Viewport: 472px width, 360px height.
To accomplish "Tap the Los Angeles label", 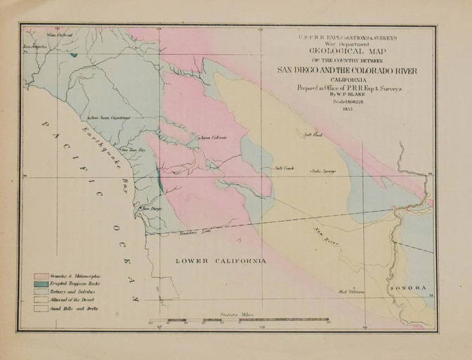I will (x=35, y=46).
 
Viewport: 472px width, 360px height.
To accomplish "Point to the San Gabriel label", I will (x=60, y=35).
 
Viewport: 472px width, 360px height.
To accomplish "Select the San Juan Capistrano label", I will (x=110, y=117).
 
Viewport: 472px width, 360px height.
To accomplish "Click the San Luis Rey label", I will (x=133, y=150).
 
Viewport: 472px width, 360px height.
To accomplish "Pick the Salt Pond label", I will (x=312, y=134).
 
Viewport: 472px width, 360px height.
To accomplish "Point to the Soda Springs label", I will (x=324, y=171).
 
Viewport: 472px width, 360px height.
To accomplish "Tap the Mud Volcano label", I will (x=353, y=291).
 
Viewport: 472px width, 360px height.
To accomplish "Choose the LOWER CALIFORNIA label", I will (x=221, y=261).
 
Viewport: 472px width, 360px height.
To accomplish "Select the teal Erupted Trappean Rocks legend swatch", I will (x=41, y=284).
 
